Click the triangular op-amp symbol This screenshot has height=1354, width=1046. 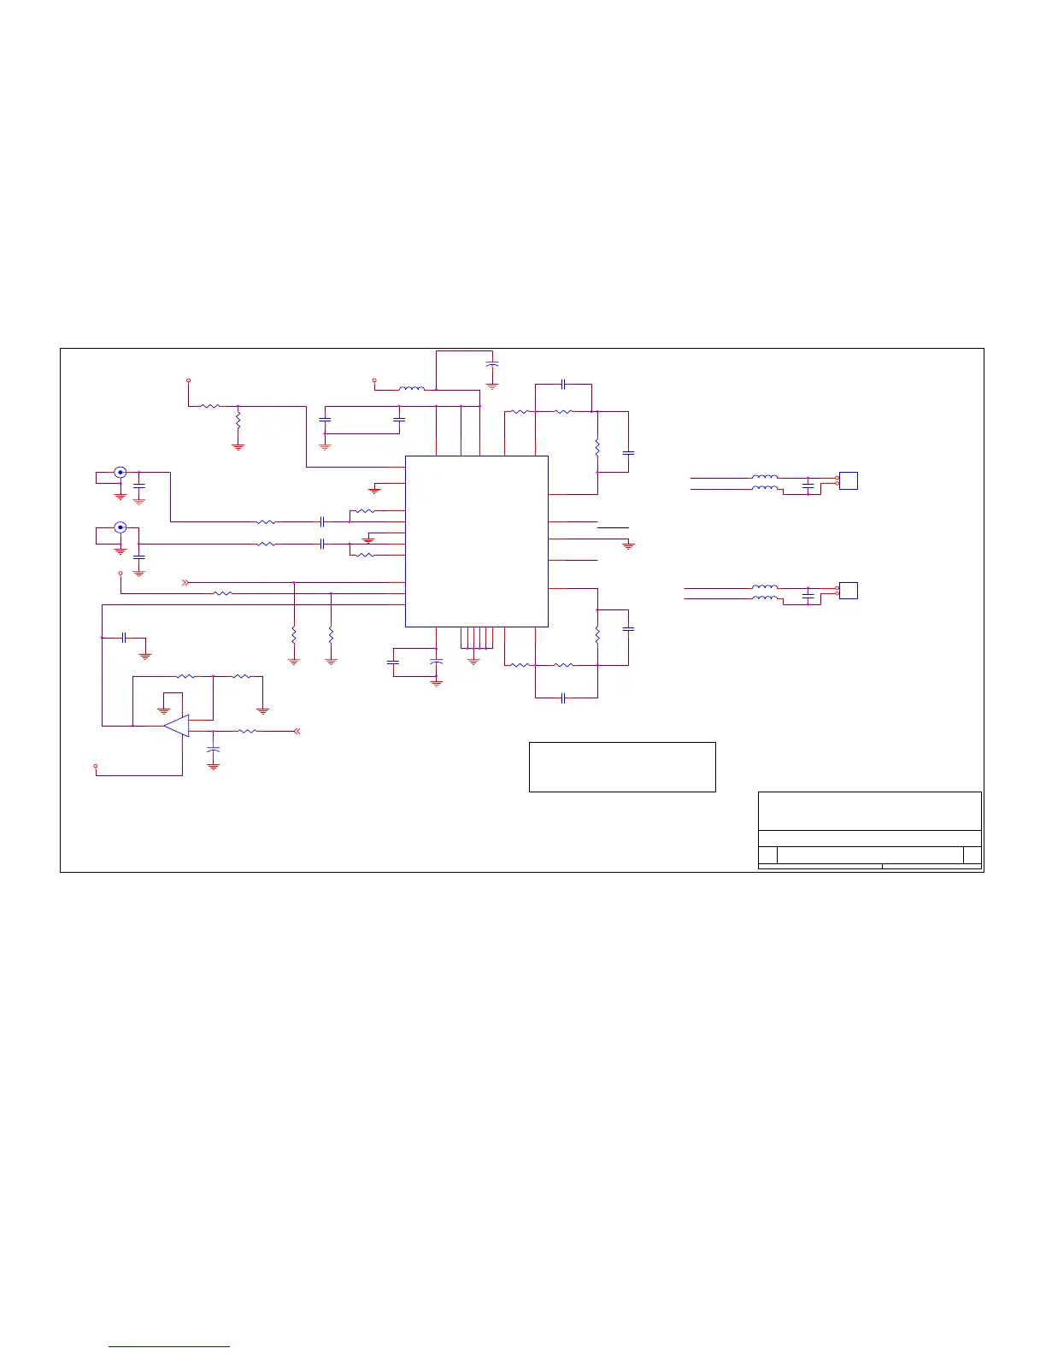pos(177,726)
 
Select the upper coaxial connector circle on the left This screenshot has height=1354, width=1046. pos(120,472)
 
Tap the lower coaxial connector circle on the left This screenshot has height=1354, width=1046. pos(120,527)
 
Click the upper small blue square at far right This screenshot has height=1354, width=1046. pos(848,480)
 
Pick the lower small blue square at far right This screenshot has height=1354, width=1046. pos(848,590)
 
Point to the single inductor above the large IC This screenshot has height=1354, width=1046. pos(411,389)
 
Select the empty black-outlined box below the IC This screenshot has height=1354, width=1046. pos(622,767)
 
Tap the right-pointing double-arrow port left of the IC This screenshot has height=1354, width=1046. pos(185,582)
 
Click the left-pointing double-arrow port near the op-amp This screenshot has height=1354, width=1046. pos(297,731)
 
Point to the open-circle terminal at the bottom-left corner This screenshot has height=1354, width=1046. pos(96,765)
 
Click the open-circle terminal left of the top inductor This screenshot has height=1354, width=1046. pos(374,379)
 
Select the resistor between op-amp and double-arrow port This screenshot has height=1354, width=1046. pos(247,731)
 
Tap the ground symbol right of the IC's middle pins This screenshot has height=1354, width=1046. pos(628,545)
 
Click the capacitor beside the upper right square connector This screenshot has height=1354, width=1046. pos(808,485)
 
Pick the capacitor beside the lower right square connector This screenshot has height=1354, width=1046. pos(808,594)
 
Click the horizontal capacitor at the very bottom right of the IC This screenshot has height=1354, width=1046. pos(563,698)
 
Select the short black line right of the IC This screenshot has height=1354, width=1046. pos(613,528)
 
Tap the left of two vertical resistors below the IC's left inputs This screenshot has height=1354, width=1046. pos(294,636)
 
